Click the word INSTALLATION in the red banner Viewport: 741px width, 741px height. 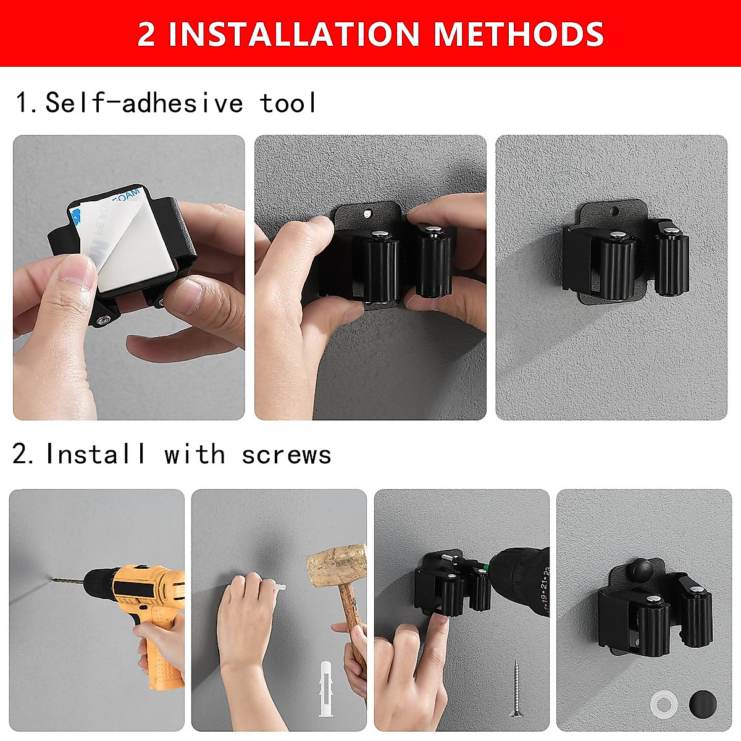point(294,34)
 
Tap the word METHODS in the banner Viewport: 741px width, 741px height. point(518,34)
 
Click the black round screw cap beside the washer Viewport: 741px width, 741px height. point(703,705)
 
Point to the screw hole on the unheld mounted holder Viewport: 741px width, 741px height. point(614,211)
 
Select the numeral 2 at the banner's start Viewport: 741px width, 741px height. point(146,34)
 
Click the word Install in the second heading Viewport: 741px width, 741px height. point(96,455)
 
